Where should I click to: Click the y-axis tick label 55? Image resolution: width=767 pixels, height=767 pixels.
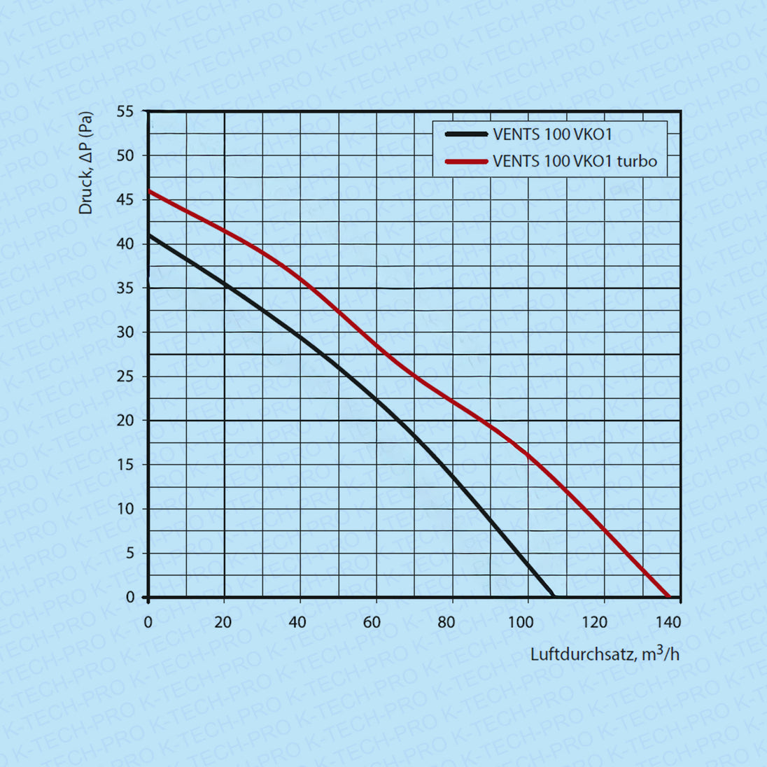(125, 111)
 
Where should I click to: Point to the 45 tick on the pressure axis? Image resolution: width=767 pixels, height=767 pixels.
(125, 199)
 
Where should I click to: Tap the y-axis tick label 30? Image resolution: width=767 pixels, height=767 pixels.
(125, 332)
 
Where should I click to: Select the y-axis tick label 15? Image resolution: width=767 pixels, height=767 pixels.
(125, 465)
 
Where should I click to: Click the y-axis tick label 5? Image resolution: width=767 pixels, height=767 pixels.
(129, 553)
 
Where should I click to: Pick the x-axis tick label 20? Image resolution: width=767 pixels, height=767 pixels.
(223, 622)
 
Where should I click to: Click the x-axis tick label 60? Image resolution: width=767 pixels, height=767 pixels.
(372, 622)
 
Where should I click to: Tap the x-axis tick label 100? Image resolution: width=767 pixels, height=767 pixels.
(520, 622)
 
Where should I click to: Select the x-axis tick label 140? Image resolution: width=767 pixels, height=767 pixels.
(668, 622)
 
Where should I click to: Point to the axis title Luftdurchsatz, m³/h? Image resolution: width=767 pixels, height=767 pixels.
(605, 654)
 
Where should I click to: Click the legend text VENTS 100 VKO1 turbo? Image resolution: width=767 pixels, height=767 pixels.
(575, 162)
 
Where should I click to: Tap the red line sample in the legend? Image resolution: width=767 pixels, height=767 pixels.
(466, 162)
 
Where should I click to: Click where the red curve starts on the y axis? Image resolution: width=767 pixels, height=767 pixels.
(149, 190)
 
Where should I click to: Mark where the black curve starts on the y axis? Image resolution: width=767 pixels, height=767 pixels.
(149, 235)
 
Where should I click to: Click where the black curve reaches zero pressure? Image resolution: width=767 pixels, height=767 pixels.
(553, 597)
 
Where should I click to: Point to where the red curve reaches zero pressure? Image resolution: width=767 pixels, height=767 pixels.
(670, 597)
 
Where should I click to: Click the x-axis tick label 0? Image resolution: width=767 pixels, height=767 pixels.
(148, 622)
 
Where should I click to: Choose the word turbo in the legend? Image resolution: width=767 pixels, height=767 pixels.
(636, 162)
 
